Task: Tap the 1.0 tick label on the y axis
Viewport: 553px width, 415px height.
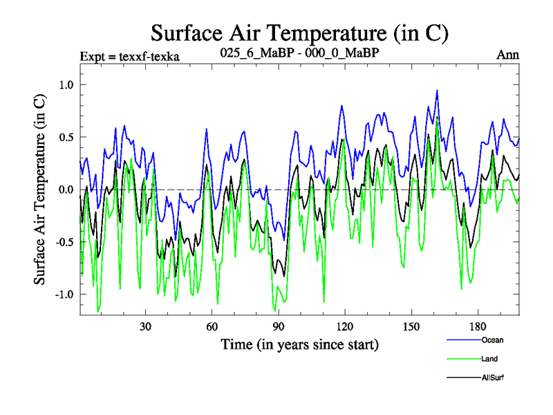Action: [x=66, y=84]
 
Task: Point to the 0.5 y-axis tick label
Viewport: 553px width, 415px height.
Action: [x=66, y=137]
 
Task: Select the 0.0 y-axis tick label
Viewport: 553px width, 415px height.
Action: [x=66, y=190]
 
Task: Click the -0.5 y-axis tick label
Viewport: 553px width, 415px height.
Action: [x=64, y=242]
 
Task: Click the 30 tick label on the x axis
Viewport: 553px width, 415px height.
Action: [x=146, y=326]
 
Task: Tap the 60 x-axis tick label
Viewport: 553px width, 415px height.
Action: [x=212, y=326]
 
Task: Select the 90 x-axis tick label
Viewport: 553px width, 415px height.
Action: [x=279, y=326]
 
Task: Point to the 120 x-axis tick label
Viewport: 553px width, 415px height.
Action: [x=345, y=326]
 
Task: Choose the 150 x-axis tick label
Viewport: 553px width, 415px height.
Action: [x=411, y=326]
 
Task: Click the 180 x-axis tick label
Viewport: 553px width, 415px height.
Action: [x=478, y=326]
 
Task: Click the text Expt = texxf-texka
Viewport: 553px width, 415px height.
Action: [x=130, y=56]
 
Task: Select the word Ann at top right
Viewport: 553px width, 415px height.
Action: [x=508, y=55]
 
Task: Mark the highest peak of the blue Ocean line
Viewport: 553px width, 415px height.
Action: [x=437, y=91]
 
